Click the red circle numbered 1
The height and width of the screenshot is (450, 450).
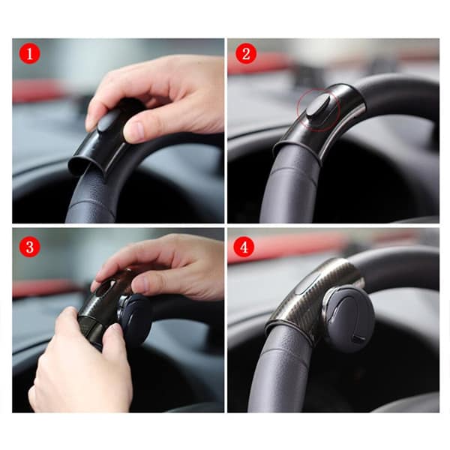(30, 54)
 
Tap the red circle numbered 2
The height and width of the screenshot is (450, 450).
(246, 54)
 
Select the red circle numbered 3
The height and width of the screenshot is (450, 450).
(30, 247)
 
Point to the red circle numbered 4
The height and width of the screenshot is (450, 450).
(244, 247)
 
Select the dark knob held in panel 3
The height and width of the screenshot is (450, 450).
(134, 319)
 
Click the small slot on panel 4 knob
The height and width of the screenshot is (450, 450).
(358, 339)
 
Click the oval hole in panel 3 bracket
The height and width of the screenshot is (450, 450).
(105, 288)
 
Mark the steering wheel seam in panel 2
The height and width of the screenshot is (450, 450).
(289, 175)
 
